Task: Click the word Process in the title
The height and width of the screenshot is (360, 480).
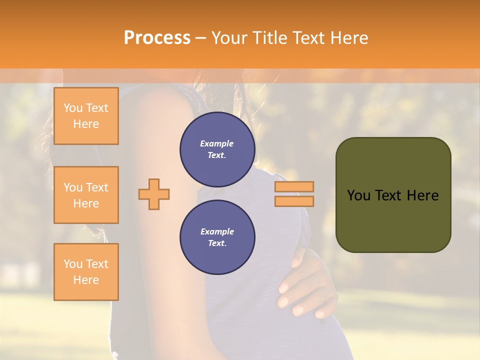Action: [157, 38]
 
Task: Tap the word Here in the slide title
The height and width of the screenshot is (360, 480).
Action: [348, 38]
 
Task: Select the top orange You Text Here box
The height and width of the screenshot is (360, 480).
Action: [86, 116]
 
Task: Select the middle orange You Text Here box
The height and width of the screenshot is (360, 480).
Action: [86, 195]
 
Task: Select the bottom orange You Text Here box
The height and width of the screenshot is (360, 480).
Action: [86, 272]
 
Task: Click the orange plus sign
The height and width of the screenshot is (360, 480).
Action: [154, 194]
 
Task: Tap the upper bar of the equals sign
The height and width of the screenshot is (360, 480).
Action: [294, 186]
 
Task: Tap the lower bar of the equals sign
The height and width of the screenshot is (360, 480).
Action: [294, 201]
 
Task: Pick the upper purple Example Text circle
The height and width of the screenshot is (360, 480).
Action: [217, 149]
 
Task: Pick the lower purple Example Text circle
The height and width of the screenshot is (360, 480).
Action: [217, 237]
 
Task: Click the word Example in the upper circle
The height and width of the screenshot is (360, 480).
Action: [217, 143]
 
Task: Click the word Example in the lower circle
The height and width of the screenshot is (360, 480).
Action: [217, 231]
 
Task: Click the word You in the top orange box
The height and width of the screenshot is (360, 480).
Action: [73, 108]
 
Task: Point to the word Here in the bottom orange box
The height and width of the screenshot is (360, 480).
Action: [86, 280]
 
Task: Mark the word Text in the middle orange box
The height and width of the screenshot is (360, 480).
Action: [97, 187]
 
